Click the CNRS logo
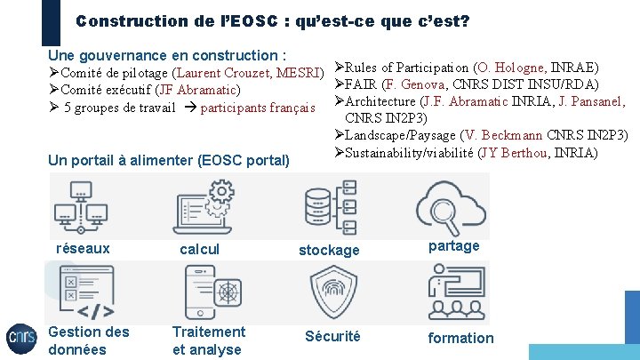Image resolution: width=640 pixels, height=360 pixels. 21,338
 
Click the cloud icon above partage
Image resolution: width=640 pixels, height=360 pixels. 452,204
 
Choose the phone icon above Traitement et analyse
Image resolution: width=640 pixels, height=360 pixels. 213,293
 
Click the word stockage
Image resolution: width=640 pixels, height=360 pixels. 329,251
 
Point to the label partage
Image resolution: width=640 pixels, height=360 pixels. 453,246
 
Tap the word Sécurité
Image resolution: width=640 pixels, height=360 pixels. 332,336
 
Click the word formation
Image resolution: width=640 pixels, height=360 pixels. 460,338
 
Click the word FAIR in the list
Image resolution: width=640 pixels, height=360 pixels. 361,85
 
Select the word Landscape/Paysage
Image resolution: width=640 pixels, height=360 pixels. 401,135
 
